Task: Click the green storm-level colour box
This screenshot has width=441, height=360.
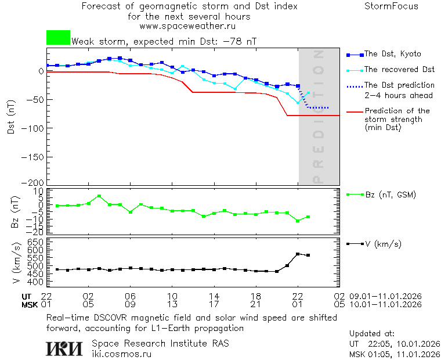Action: pyautogui.click(x=58, y=38)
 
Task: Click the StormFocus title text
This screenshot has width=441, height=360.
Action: pyautogui.click(x=391, y=6)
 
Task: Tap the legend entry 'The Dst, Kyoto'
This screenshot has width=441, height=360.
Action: pyautogui.click(x=392, y=54)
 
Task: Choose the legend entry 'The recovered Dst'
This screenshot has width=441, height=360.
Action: pyautogui.click(x=399, y=70)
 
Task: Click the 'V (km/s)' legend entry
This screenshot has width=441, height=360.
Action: pyautogui.click(x=383, y=244)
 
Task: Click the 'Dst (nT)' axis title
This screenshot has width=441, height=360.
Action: pyautogui.click(x=12, y=118)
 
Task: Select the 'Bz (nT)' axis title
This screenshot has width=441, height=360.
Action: pyautogui.click(x=16, y=213)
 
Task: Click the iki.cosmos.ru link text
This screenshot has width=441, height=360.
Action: pyautogui.click(x=121, y=354)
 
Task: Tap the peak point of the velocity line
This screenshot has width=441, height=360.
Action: pyautogui.click(x=298, y=254)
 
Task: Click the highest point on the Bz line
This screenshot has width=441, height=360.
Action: pyautogui.click(x=99, y=196)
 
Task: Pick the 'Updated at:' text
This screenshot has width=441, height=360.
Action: pyautogui.click(x=372, y=334)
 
